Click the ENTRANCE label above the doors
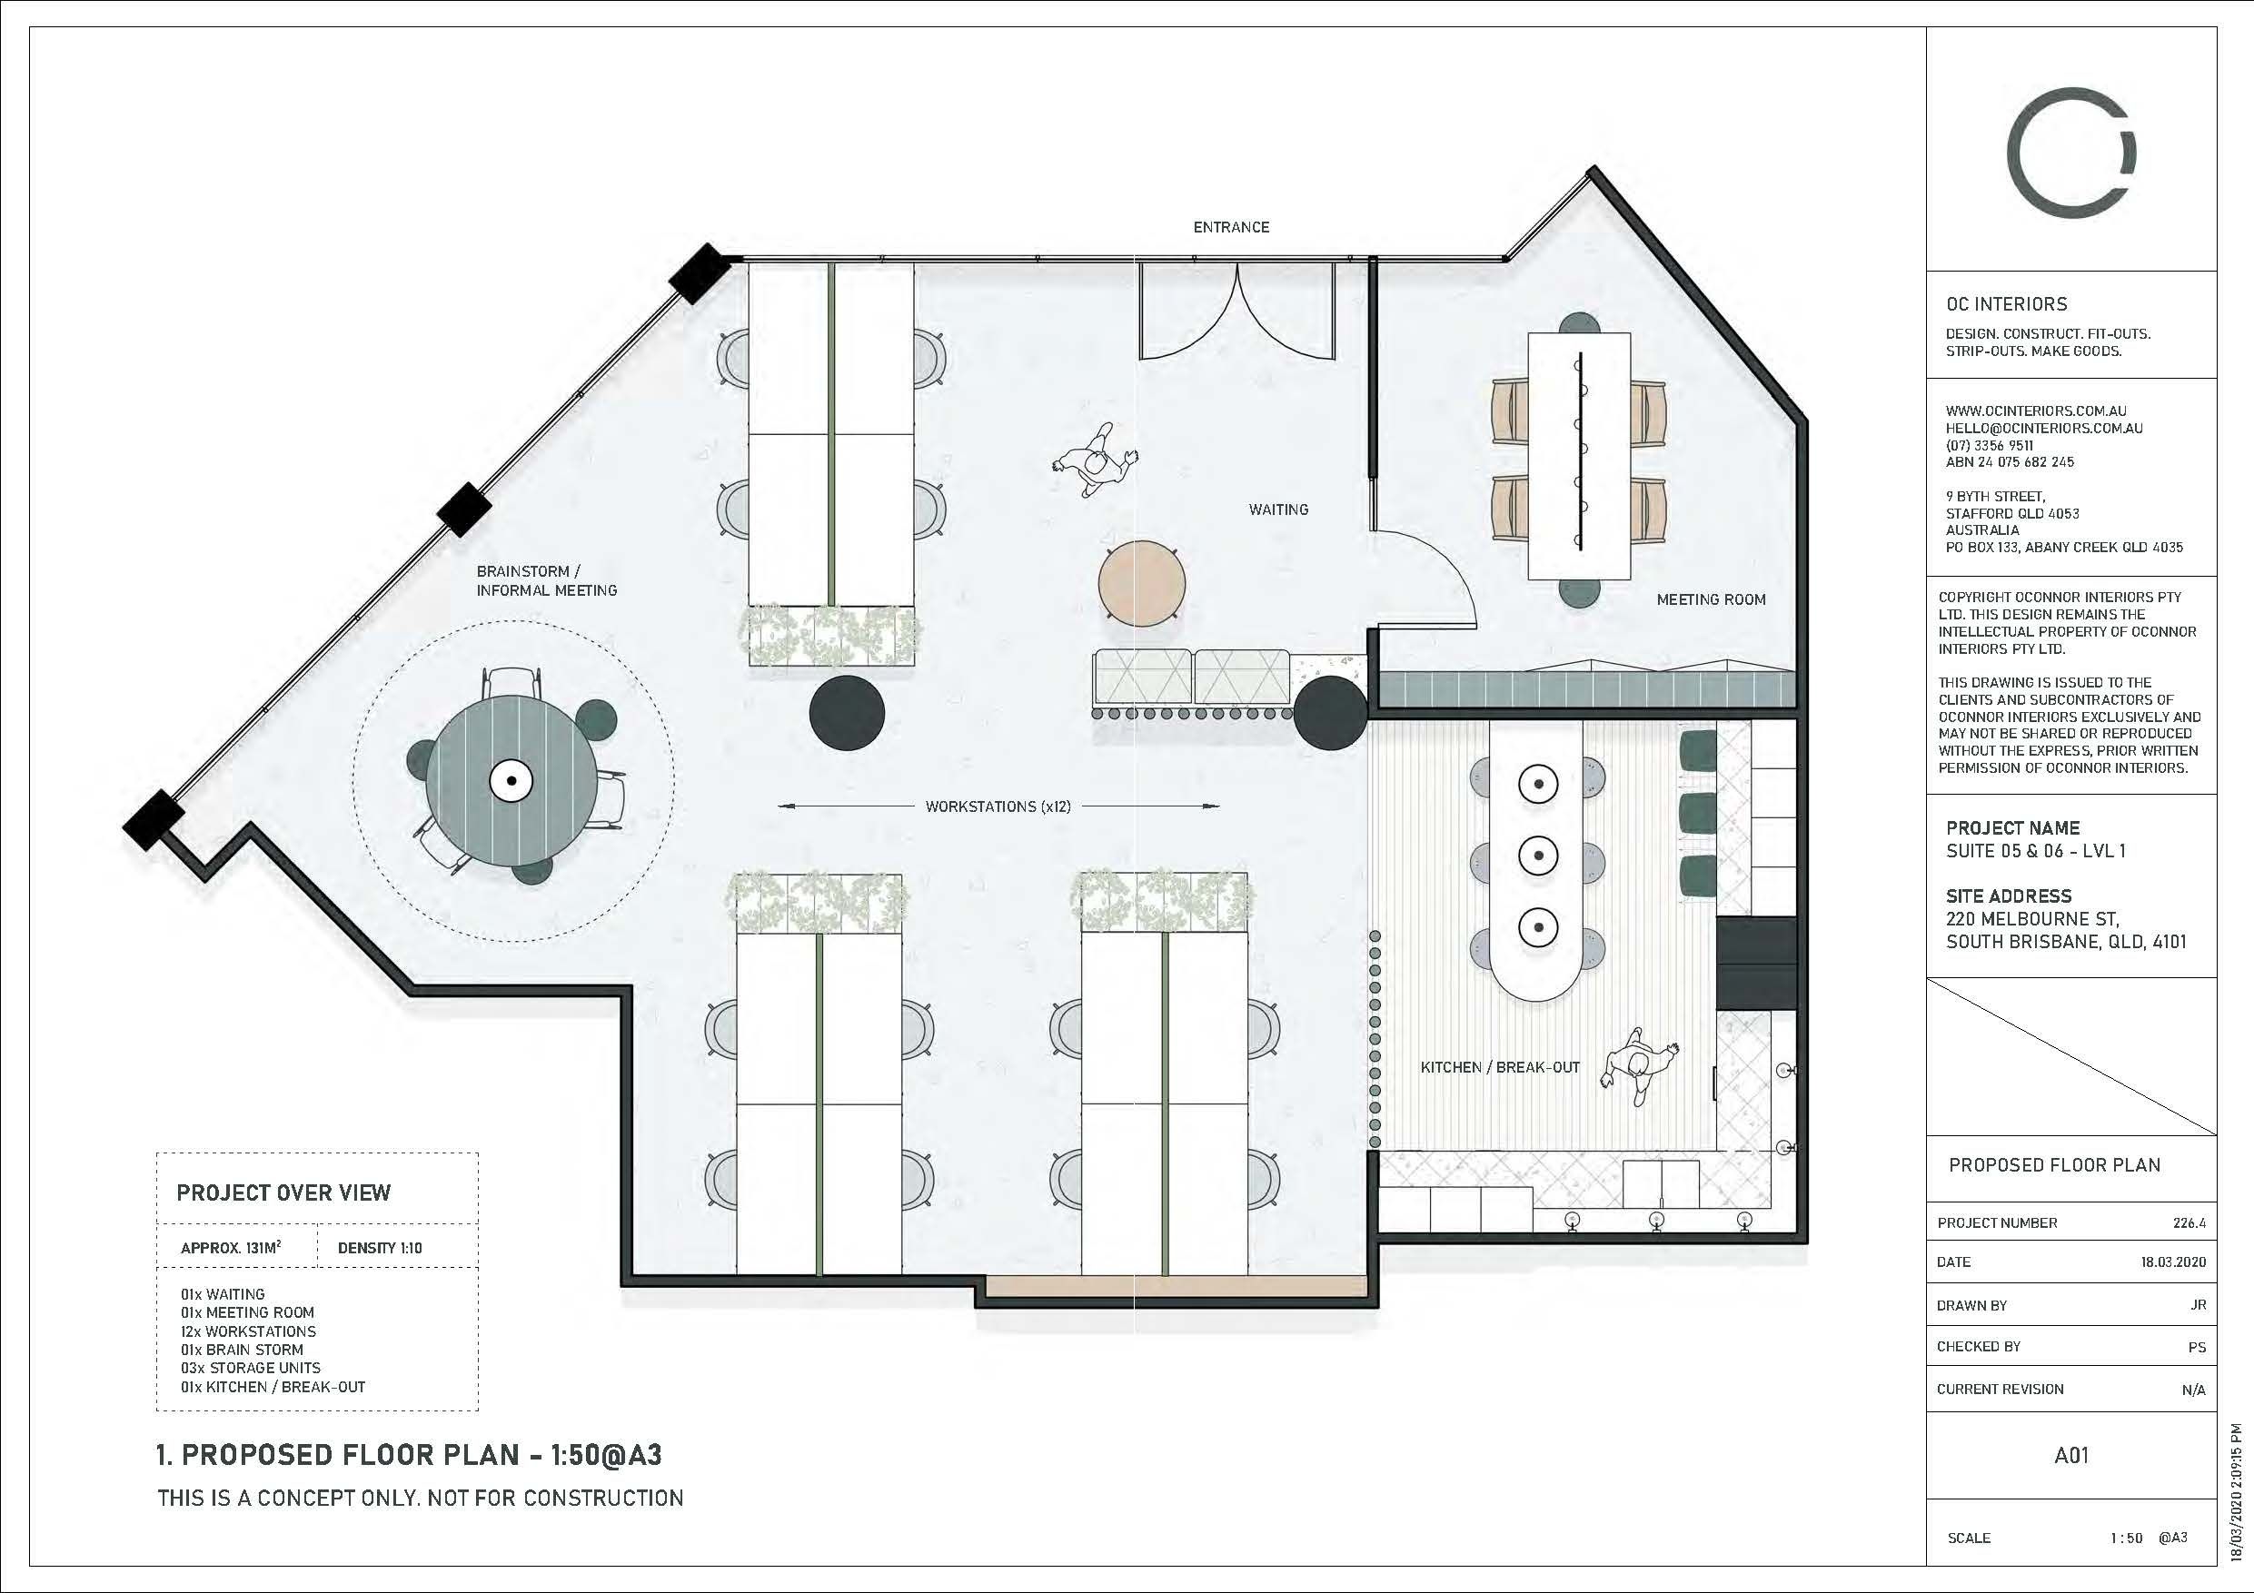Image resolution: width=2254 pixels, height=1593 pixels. [x=1231, y=227]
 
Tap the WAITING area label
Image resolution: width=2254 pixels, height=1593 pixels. [x=1278, y=510]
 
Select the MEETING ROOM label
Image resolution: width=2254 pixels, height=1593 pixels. [x=1711, y=599]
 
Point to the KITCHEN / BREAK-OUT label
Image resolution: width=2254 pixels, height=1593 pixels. [x=1500, y=1067]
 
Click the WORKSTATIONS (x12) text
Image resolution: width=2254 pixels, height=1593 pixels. [x=998, y=806]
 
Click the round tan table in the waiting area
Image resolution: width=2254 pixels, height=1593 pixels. [x=1142, y=583]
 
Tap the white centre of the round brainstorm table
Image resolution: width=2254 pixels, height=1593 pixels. [x=511, y=780]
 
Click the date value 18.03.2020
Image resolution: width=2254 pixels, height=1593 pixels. [x=2173, y=1262]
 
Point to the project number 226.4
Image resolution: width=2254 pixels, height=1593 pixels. [x=2189, y=1223]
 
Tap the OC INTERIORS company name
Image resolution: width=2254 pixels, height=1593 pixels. [x=2007, y=304]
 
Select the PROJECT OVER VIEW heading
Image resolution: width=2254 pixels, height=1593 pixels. [x=283, y=1192]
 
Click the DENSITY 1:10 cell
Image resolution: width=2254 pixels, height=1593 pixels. [x=380, y=1249]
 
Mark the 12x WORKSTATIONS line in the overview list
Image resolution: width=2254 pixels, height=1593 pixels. [x=248, y=1331]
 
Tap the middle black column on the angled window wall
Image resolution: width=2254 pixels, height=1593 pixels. [x=463, y=510]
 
